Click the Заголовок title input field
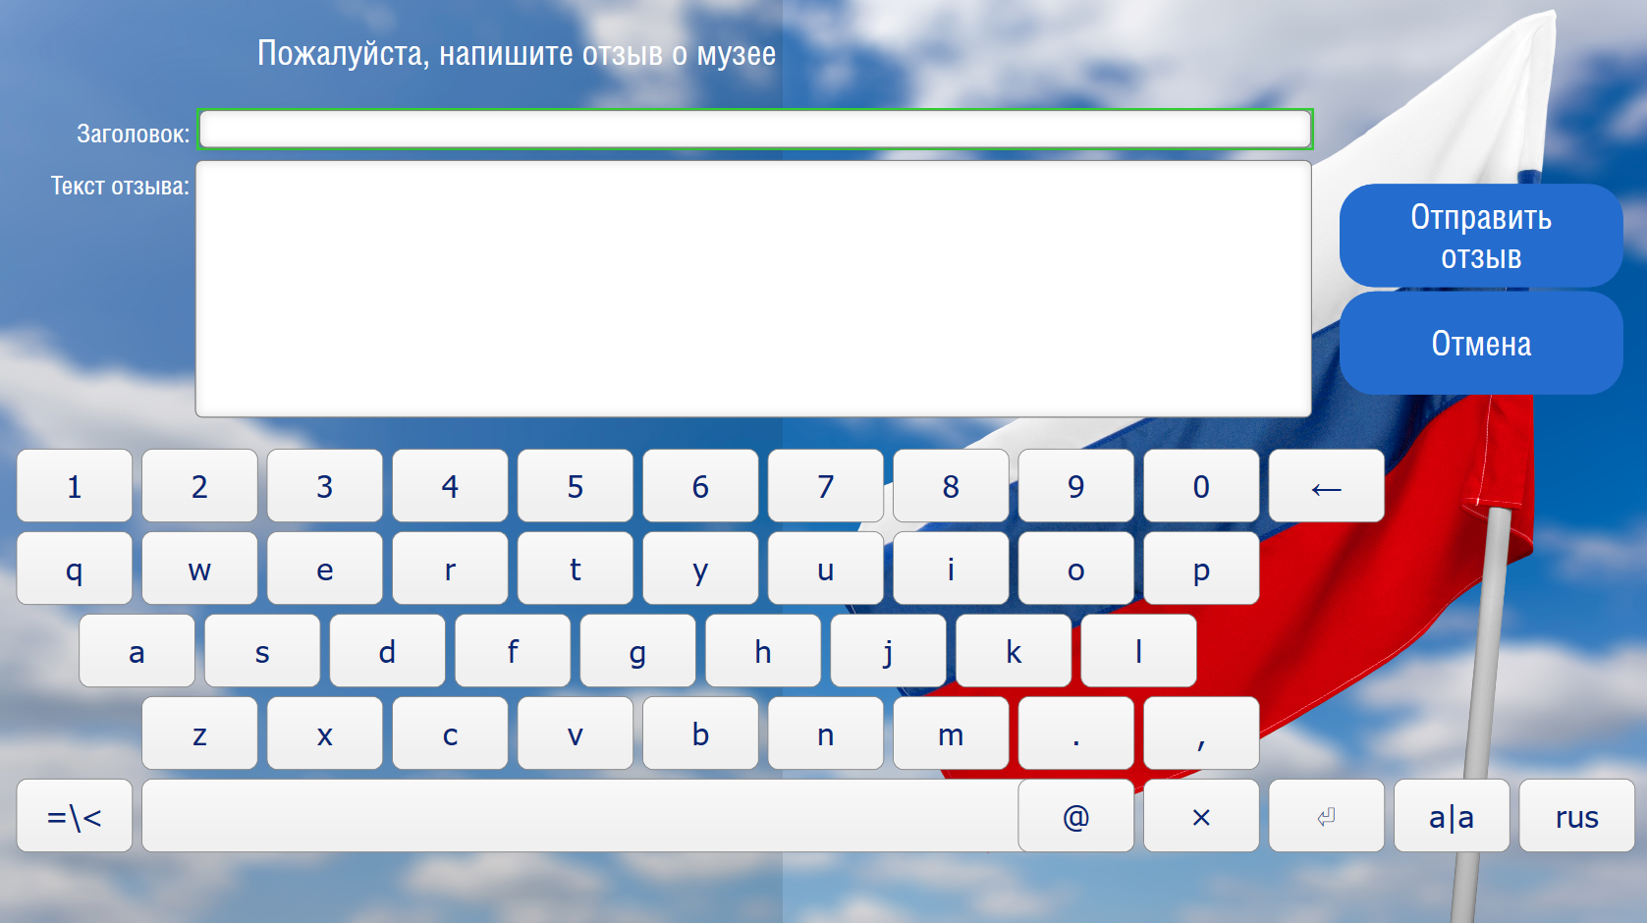(754, 130)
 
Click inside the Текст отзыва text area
(753, 289)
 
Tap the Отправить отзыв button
(1481, 236)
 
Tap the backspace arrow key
(1327, 486)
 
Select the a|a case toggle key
(1452, 816)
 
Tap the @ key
(1075, 816)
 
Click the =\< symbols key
(75, 816)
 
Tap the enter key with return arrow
(1327, 816)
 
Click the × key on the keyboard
(1201, 816)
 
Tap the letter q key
(75, 569)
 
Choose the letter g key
(637, 651)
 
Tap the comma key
(1201, 733)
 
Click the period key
(1075, 733)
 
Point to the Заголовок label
(134, 134)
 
